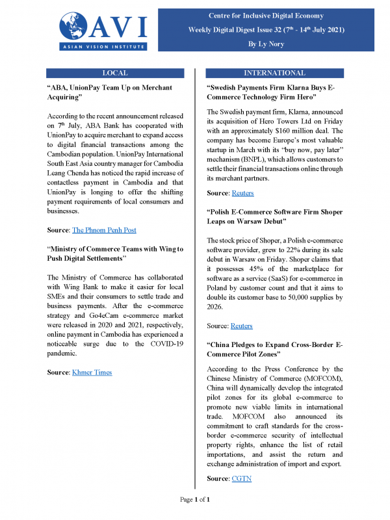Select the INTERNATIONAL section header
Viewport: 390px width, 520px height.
pyautogui.click(x=274, y=73)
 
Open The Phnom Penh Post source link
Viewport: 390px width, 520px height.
pyautogui.click(x=104, y=230)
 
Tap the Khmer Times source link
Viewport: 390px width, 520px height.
pyautogui.click(x=92, y=372)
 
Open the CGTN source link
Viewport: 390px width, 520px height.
pyautogui.click(x=242, y=478)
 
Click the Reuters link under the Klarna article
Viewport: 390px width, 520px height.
pyautogui.click(x=242, y=193)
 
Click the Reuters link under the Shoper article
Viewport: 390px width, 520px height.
pyautogui.click(x=242, y=326)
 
